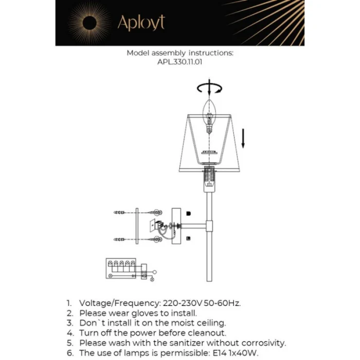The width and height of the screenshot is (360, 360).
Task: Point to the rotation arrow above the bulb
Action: (x=210, y=88)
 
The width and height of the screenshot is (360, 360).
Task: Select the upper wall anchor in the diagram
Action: (x=119, y=212)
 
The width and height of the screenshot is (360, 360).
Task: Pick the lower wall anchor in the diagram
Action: (x=119, y=239)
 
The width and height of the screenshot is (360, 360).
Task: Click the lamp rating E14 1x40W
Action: (x=236, y=353)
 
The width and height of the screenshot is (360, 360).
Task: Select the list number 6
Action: (x=69, y=353)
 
